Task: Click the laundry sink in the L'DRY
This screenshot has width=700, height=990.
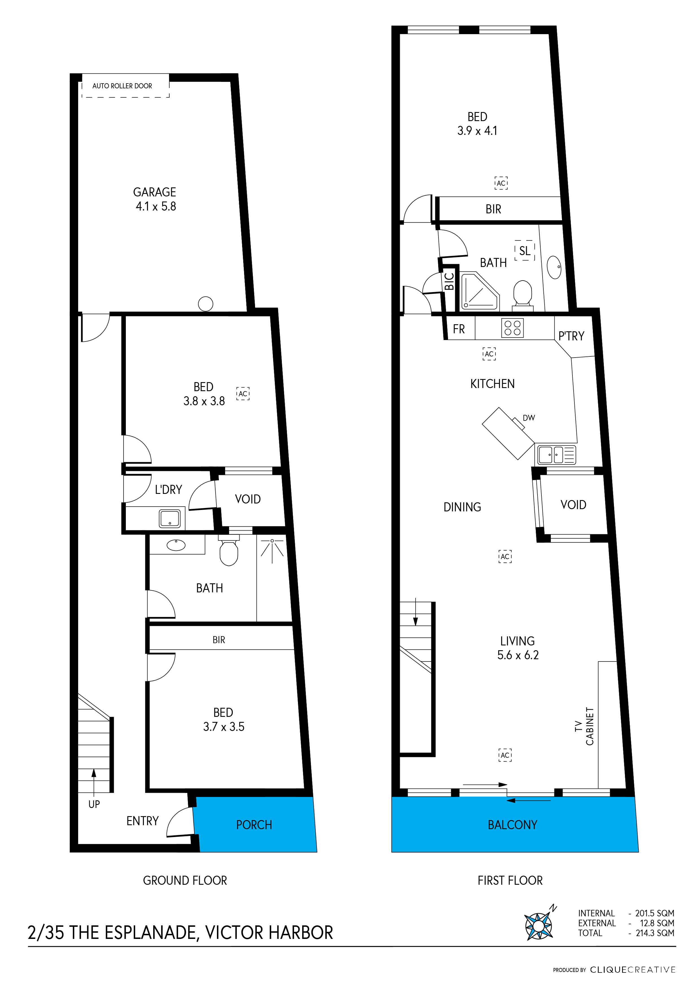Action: pyautogui.click(x=170, y=518)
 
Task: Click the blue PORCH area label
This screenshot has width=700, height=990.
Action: pyautogui.click(x=254, y=825)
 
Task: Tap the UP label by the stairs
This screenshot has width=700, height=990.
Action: pyautogui.click(x=94, y=804)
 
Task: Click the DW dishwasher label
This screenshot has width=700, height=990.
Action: pyautogui.click(x=529, y=418)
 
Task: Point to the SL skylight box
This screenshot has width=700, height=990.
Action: pyautogui.click(x=525, y=251)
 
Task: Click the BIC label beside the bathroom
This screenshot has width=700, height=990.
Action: pyautogui.click(x=449, y=281)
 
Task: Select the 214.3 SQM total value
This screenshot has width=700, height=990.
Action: pyautogui.click(x=655, y=933)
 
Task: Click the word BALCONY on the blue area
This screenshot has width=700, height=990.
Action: pyautogui.click(x=512, y=825)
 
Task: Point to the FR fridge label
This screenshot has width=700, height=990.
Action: pyautogui.click(x=458, y=329)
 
